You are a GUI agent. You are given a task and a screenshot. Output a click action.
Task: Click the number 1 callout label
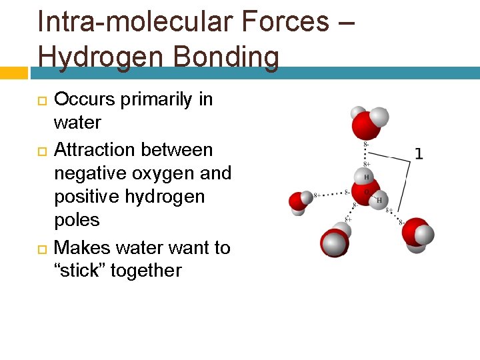point(419,154)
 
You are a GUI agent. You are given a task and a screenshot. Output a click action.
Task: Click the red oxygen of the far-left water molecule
point(297,201)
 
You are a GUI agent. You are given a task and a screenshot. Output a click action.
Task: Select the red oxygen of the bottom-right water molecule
point(414,230)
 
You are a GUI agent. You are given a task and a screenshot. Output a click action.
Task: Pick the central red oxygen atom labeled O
point(366,191)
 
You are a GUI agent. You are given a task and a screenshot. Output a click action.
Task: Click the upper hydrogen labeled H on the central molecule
point(366,177)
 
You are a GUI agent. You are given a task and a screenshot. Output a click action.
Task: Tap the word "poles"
point(77,220)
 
